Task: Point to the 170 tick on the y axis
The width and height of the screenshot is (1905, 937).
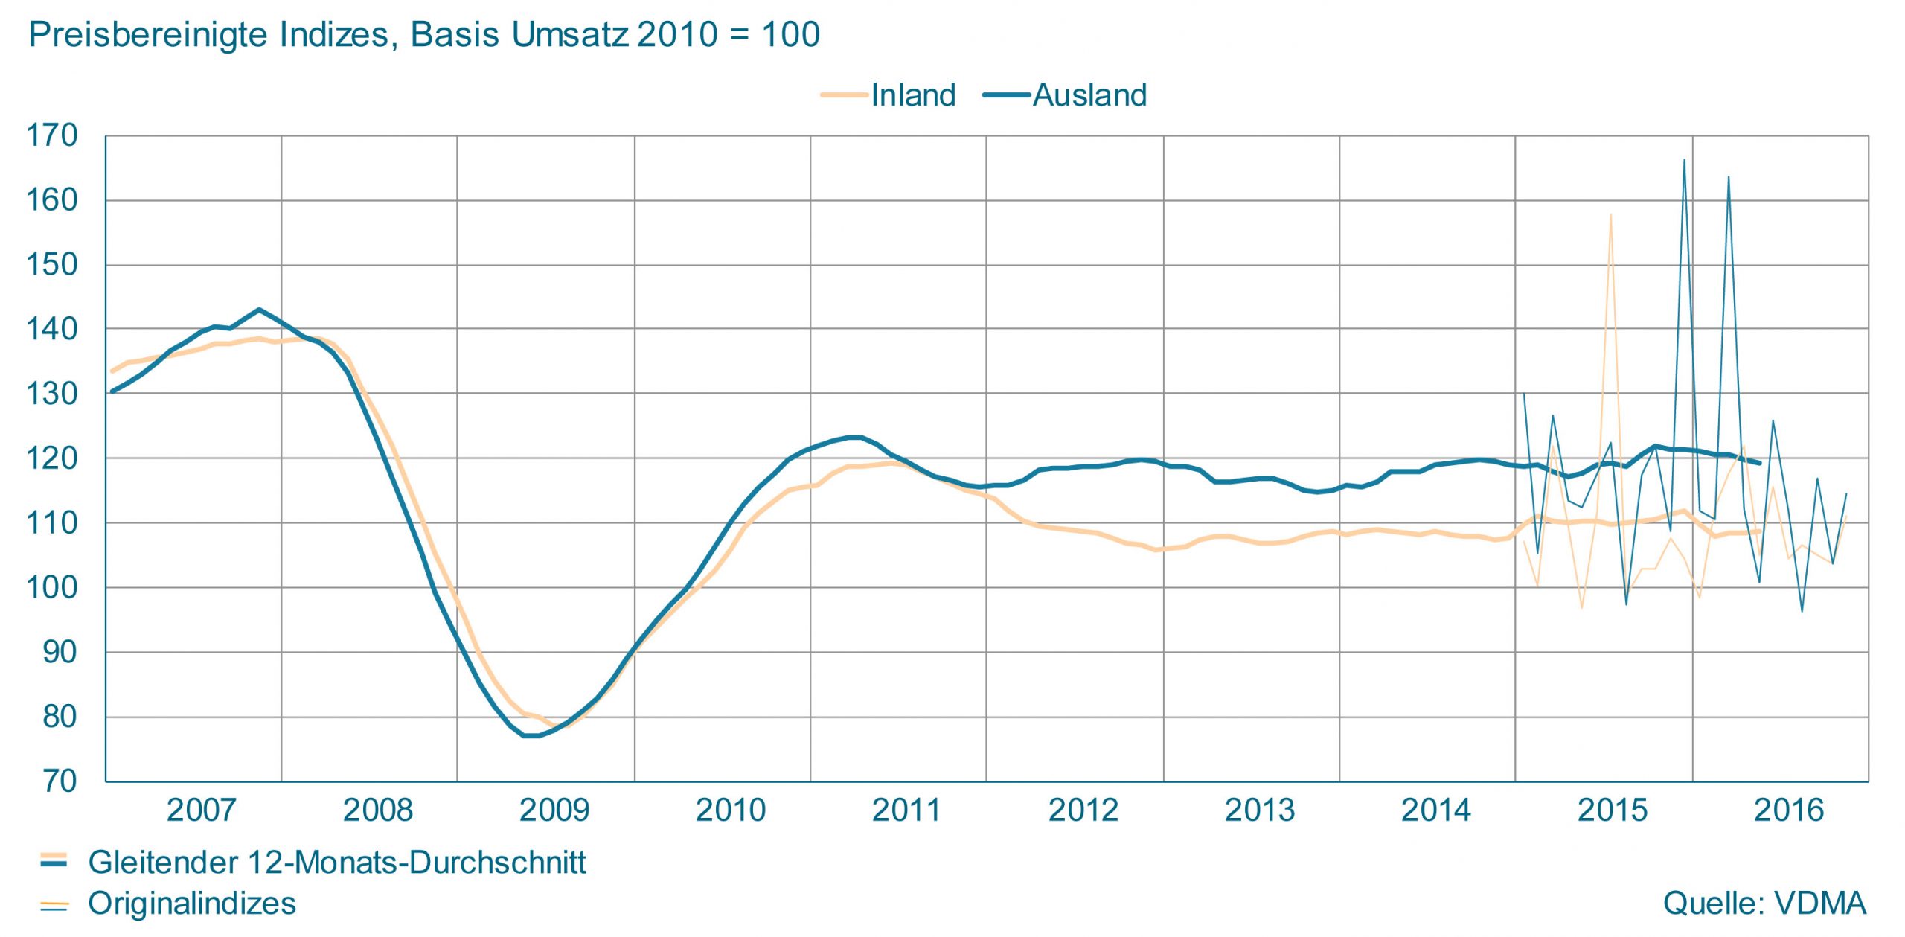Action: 52,135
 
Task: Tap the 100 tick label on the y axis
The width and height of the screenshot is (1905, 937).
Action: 52,588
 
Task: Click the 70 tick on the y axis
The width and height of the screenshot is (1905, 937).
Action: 60,781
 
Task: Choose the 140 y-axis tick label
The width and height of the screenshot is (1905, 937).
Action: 52,329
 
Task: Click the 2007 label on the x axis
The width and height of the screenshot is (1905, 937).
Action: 201,810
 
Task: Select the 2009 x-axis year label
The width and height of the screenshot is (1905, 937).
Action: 554,810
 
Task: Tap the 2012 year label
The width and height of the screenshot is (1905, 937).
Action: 1083,810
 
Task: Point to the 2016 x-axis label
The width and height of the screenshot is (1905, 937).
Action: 1789,810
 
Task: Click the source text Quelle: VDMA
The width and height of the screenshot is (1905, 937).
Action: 1764,903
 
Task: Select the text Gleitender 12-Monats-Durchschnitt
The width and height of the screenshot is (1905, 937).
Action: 336,862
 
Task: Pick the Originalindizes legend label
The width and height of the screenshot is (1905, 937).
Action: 192,903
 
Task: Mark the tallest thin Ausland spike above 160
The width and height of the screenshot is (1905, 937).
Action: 1684,160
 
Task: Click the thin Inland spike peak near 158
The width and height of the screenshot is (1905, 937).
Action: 1610,215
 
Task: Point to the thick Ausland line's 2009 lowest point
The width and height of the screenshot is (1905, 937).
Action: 531,735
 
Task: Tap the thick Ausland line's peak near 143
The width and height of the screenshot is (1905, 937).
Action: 259,310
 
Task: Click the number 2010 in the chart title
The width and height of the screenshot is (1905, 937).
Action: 677,34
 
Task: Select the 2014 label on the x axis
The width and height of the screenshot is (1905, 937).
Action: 1436,810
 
